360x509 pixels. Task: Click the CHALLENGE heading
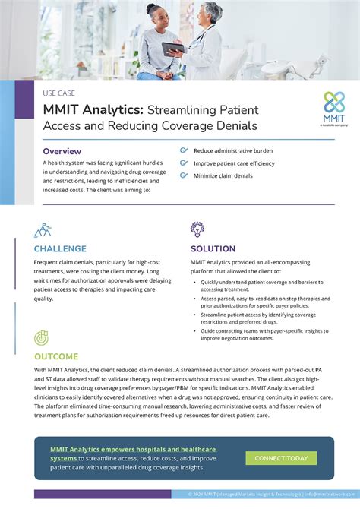point(65,248)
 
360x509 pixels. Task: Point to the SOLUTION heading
point(213,248)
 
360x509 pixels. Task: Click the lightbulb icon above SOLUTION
point(198,229)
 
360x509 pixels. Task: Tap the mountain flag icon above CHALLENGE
point(43,229)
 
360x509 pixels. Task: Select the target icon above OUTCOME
point(43,337)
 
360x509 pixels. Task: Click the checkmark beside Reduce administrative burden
point(183,151)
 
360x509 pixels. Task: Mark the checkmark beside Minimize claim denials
point(183,176)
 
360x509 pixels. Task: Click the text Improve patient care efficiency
point(233,164)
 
